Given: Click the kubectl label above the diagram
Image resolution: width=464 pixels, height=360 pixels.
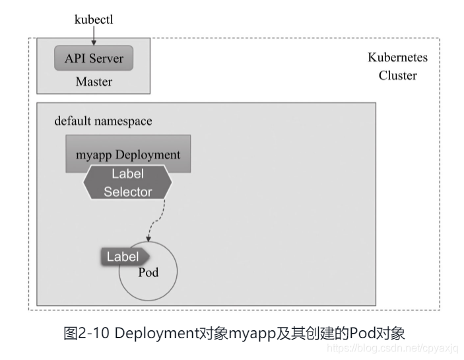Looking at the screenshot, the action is point(94,20).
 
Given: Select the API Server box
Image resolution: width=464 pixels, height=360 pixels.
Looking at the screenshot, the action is point(94,58).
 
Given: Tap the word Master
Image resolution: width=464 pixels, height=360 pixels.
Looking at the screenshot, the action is point(94,82).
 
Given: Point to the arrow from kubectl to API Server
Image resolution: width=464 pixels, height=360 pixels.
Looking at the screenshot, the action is point(94,36).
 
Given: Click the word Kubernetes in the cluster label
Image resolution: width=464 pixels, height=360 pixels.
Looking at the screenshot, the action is point(398,57).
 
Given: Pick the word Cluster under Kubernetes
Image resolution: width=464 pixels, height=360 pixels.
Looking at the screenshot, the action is point(398,75).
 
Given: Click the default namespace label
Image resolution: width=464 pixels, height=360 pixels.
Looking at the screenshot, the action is point(103,121).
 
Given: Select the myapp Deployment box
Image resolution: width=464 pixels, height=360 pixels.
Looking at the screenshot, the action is point(128,154).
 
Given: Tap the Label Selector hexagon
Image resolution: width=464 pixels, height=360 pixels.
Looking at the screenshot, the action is point(127,182).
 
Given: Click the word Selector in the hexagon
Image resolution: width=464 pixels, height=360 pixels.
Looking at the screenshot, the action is point(128,192).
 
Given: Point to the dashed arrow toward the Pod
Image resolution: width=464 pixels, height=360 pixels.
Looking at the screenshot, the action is point(156,221).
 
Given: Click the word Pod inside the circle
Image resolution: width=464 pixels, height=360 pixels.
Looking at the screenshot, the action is point(149,272).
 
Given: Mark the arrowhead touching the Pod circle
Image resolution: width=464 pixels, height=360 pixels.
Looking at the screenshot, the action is point(149,238).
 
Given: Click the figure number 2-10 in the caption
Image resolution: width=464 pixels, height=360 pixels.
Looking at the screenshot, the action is point(94,333).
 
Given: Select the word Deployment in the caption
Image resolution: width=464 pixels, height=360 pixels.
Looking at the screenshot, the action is point(156,334).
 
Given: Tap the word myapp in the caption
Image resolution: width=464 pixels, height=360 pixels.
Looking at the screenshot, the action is point(252,335).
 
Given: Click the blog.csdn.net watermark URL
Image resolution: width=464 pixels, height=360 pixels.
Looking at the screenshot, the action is point(393,348).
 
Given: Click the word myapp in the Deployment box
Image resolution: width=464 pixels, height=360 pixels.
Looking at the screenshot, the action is point(94,155).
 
